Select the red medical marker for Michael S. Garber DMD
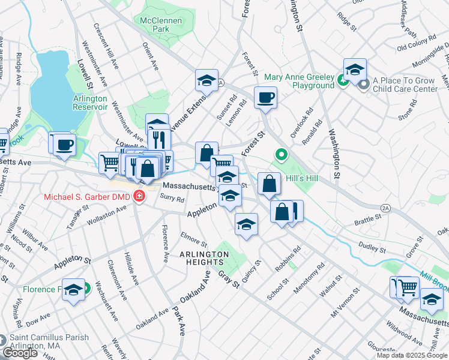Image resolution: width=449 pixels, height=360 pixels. (x=139, y=196)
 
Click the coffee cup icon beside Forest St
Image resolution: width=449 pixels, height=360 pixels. (x=265, y=97)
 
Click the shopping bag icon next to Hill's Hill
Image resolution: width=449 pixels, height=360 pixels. (x=270, y=183)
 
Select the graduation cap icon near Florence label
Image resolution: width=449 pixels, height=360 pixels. (x=73, y=290)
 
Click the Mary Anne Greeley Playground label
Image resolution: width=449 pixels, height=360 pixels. (x=299, y=81)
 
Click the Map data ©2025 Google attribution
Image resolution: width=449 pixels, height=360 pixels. (x=412, y=355)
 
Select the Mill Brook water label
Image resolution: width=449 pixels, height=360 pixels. (x=433, y=279)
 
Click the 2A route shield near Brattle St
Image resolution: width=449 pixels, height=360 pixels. (x=385, y=208)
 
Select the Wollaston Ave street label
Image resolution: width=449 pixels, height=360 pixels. (x=108, y=214)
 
